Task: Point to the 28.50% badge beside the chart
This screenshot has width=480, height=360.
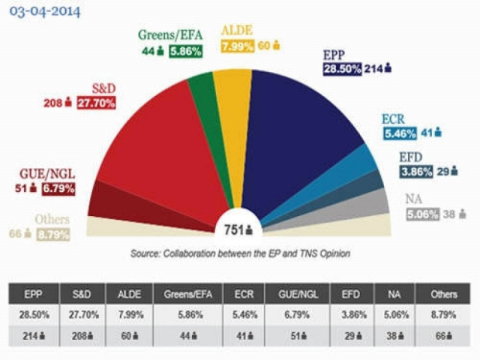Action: pos(342,69)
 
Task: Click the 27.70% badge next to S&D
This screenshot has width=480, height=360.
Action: pos(95,102)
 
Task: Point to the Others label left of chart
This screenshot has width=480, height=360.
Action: pos(52,220)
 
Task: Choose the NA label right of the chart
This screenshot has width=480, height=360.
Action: pos(413,199)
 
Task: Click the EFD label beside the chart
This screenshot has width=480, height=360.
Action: pos(411,157)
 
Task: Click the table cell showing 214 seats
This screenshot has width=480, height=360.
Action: pos(35,336)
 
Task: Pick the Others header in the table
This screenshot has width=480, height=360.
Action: pos(443,295)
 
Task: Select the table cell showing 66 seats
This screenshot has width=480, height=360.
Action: pos(442,336)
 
